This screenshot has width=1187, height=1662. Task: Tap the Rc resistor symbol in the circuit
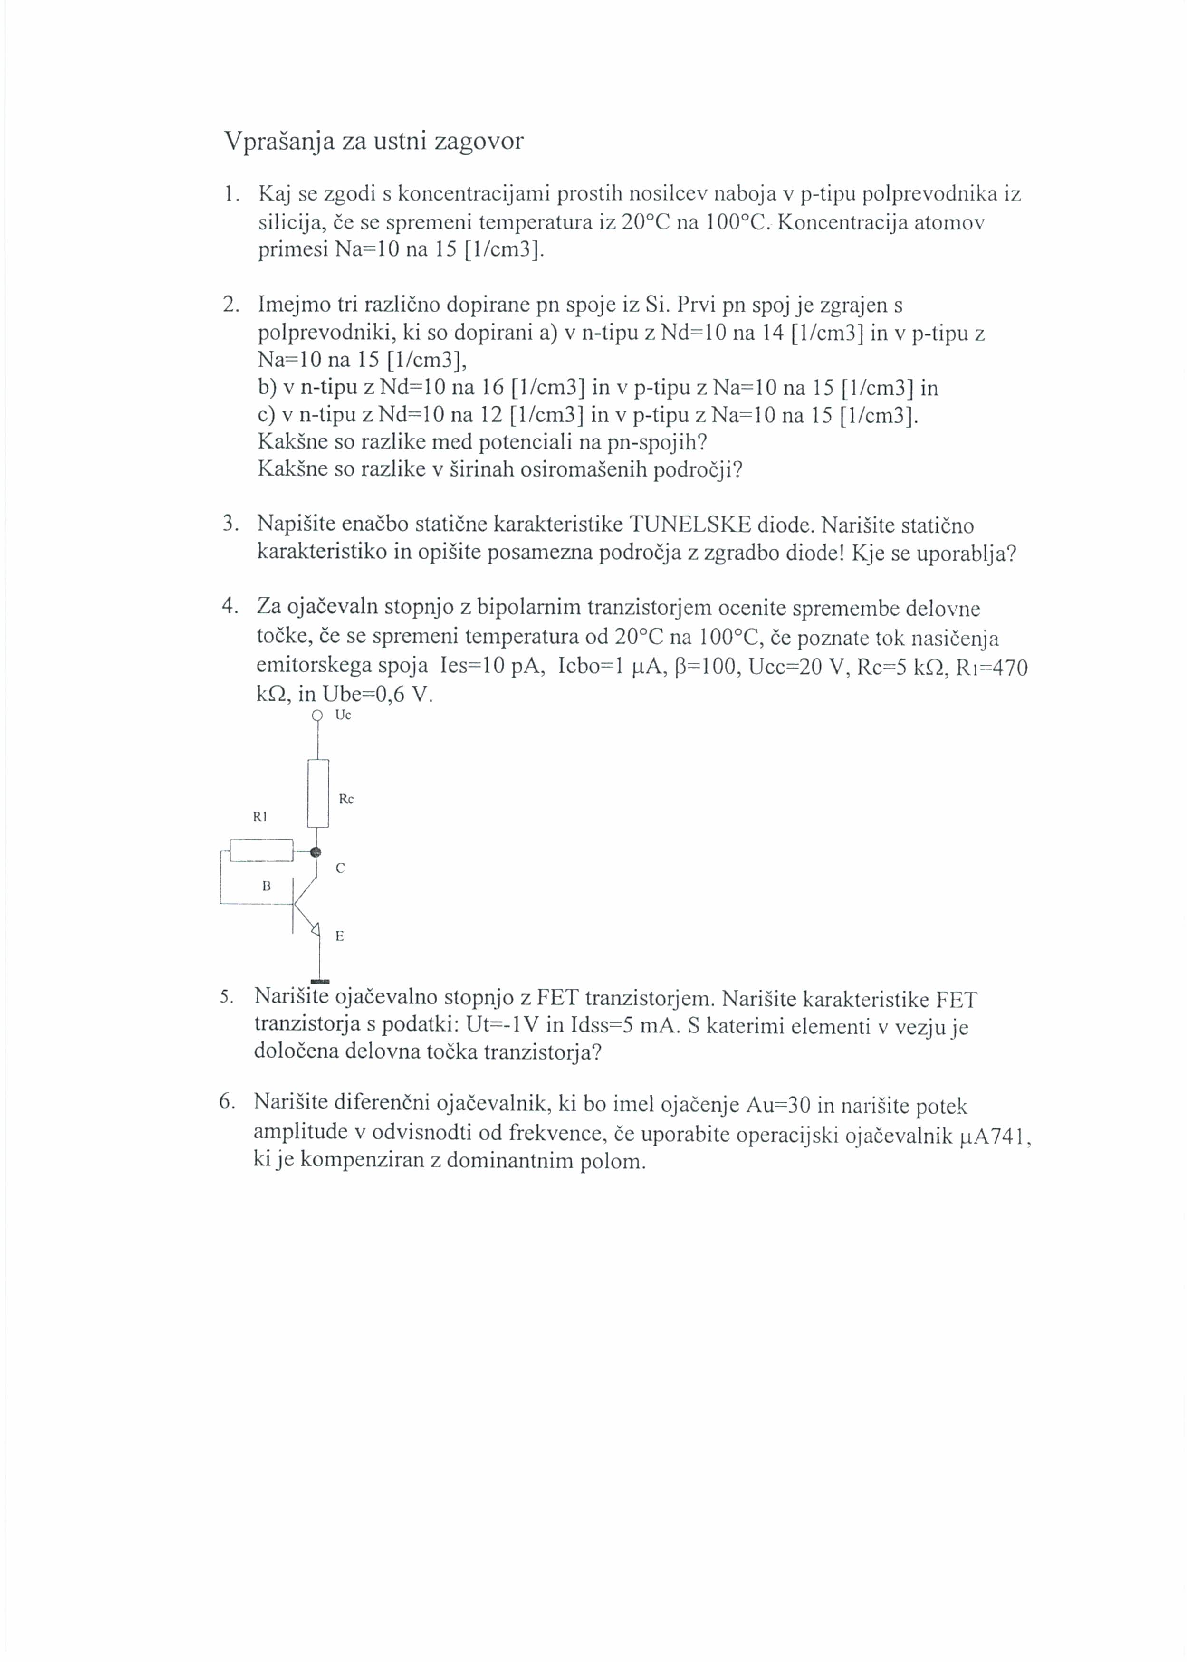click(318, 793)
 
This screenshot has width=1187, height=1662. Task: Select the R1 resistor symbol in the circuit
click(261, 850)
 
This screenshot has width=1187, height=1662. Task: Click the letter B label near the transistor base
click(267, 886)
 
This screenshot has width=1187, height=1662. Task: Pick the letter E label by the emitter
click(339, 936)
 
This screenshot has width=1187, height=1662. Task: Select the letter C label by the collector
click(340, 868)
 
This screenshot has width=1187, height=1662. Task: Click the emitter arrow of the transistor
click(315, 930)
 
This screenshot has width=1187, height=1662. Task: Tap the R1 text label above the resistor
click(260, 817)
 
